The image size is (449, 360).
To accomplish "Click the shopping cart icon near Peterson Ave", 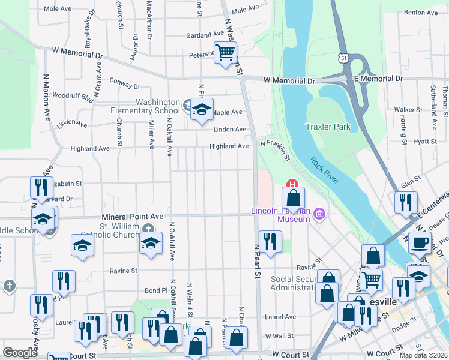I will tap(225, 53).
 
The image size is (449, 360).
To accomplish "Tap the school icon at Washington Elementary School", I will tap(202, 110).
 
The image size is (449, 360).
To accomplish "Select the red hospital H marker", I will tap(292, 184).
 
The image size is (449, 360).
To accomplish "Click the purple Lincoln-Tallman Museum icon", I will tap(320, 214).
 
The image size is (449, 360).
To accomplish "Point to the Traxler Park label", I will tap(328, 127).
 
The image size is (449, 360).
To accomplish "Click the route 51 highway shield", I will tap(342, 58).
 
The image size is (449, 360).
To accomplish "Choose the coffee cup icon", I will tap(420, 243).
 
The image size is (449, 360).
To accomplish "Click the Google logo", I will tap(20, 353).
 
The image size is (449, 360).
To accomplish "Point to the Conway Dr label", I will tap(124, 83).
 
